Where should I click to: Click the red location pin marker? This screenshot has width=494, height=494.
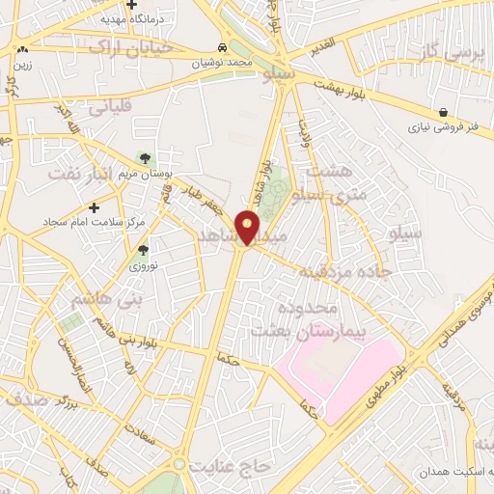[247, 226]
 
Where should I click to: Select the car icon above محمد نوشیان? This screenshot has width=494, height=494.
[223, 47]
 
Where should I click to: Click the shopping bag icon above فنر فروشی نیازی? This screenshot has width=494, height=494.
[442, 112]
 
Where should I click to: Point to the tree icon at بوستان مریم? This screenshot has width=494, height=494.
[145, 158]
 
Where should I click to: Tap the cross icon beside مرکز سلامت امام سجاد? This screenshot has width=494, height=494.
[94, 206]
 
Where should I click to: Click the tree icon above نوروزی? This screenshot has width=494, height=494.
[144, 249]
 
